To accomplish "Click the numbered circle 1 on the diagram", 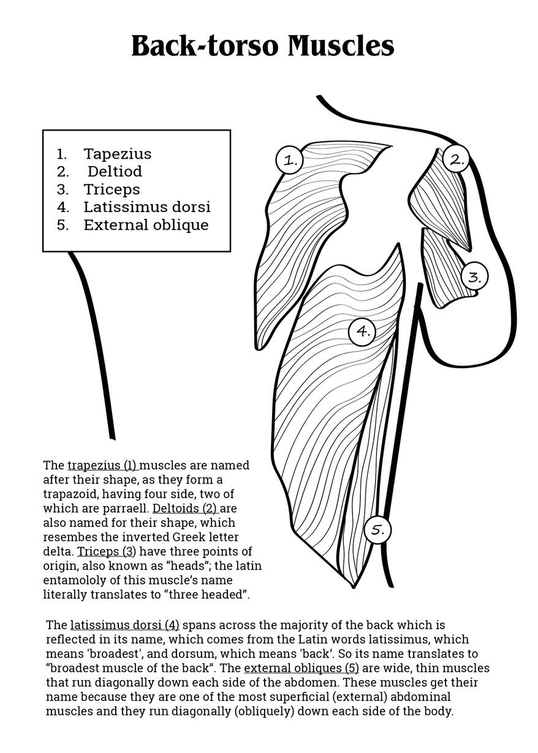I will (289, 160).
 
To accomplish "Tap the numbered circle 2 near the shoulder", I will (456, 159).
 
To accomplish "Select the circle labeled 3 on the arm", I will (474, 276).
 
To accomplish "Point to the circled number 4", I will (362, 331).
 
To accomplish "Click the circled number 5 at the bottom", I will (377, 530).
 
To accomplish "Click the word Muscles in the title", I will (341, 46).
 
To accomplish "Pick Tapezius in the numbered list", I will (117, 154).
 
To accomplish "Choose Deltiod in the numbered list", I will (115, 172).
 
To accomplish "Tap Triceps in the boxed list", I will (112, 189).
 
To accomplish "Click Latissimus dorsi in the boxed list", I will (147, 207).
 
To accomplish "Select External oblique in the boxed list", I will (146, 225).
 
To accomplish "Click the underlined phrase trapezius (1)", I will (102, 466).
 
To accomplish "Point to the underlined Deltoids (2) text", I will (184, 509).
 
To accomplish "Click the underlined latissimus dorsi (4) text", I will (125, 626).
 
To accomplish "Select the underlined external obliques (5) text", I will (301, 668).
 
